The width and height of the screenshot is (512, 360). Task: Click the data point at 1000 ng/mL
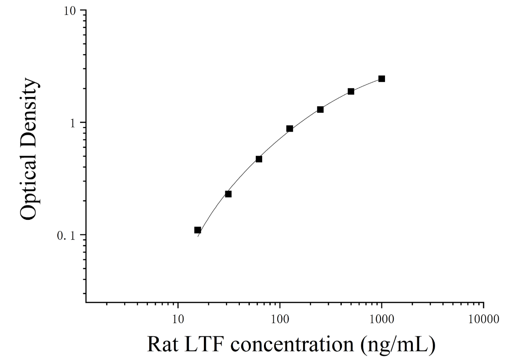click(381, 79)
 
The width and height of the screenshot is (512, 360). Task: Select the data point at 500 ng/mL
click(351, 91)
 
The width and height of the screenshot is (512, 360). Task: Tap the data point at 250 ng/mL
click(320, 109)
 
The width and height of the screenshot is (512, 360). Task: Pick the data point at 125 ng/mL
click(289, 129)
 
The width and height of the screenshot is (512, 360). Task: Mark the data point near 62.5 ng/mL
click(259, 159)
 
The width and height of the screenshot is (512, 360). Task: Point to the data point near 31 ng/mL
click(228, 194)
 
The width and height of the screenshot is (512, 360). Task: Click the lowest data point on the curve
click(198, 230)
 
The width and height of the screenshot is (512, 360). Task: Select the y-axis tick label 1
click(73, 123)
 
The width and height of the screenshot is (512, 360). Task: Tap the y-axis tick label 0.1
click(66, 236)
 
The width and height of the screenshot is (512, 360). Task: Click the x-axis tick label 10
click(178, 319)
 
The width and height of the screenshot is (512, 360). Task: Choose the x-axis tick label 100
click(280, 319)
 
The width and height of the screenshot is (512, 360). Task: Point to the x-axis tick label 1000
click(382, 319)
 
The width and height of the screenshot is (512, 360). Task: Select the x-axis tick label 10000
click(484, 319)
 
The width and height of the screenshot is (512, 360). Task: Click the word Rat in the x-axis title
click(162, 345)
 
